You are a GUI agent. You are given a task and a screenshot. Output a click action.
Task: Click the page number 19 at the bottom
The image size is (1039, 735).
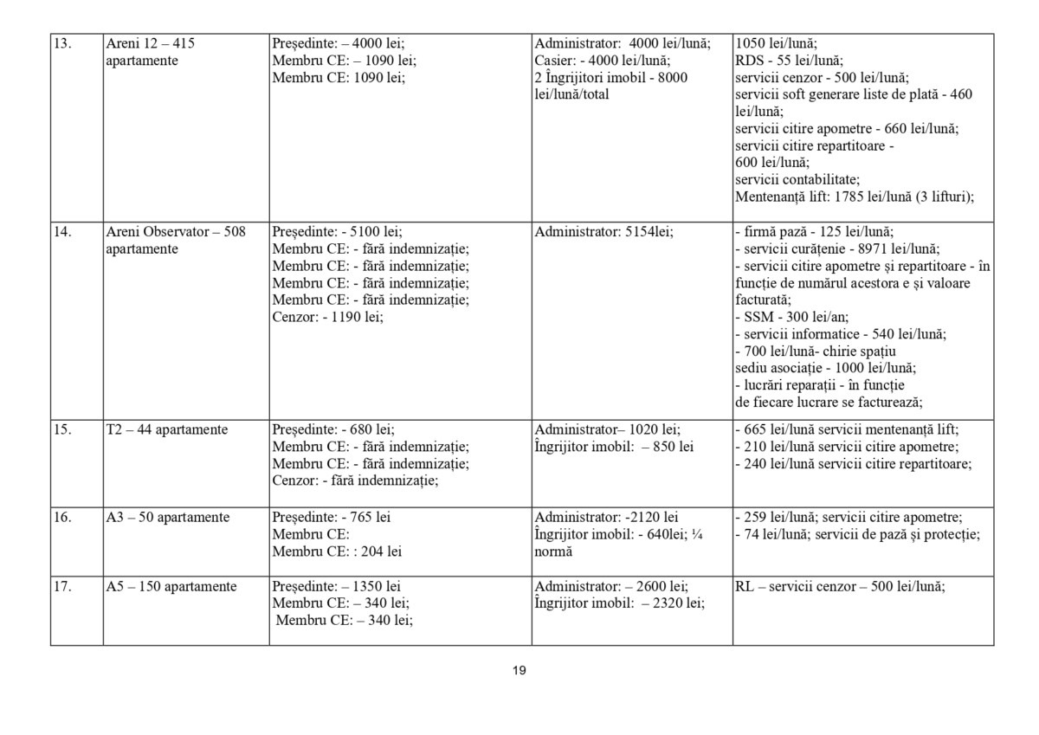click(x=519, y=670)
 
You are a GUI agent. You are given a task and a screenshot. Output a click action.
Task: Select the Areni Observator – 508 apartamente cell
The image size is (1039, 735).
click(x=175, y=241)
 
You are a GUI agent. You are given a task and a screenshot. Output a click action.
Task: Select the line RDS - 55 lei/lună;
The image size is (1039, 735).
click(x=776, y=61)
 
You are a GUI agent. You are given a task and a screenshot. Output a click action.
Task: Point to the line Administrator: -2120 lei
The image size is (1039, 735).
click(x=606, y=518)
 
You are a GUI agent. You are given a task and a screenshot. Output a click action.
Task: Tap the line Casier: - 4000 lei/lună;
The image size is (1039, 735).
click(x=602, y=61)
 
